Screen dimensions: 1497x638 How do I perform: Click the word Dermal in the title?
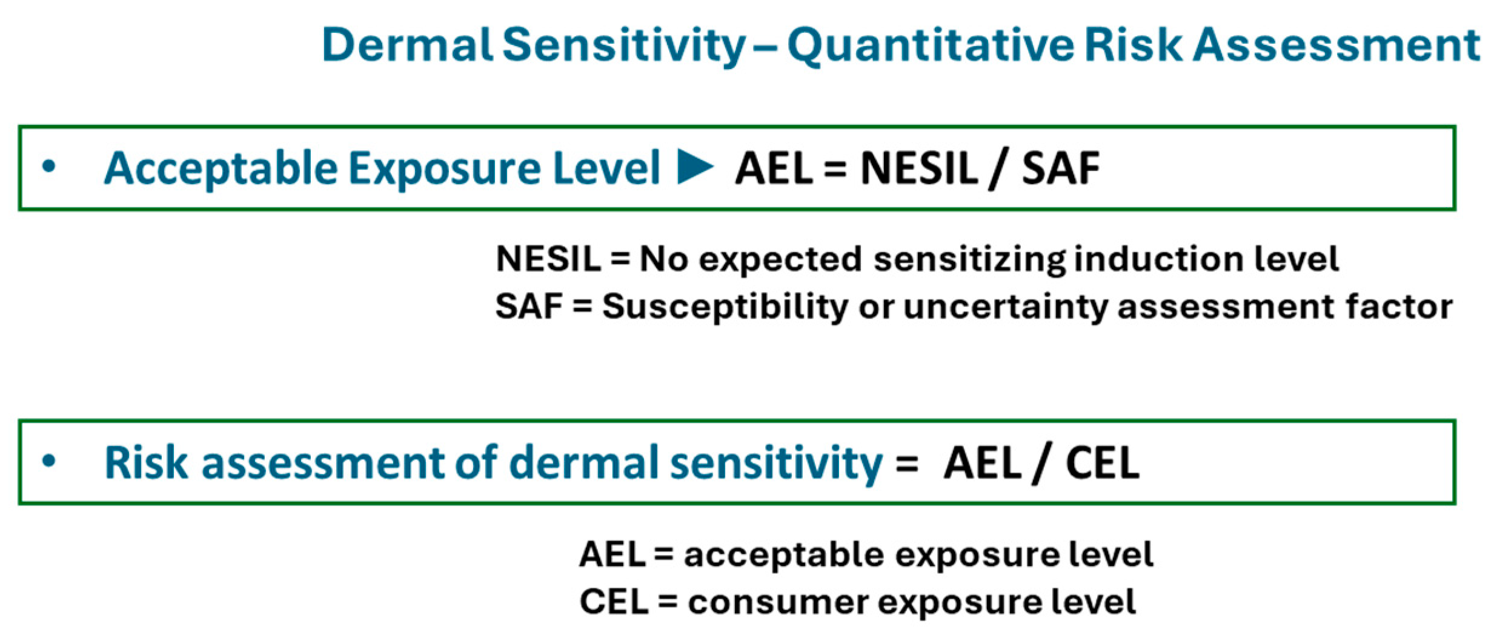click(x=408, y=45)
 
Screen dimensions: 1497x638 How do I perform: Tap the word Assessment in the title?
click(x=1337, y=45)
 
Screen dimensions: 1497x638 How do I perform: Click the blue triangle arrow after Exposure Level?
click(x=695, y=167)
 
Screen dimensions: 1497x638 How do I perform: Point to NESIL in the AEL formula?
click(x=920, y=168)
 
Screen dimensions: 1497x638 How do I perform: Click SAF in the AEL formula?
click(x=1061, y=168)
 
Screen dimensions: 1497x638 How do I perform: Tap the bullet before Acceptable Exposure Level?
click(x=49, y=167)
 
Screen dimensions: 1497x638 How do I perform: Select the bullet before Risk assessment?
click(x=49, y=461)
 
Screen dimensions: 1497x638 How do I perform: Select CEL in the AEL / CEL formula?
click(x=1103, y=464)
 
